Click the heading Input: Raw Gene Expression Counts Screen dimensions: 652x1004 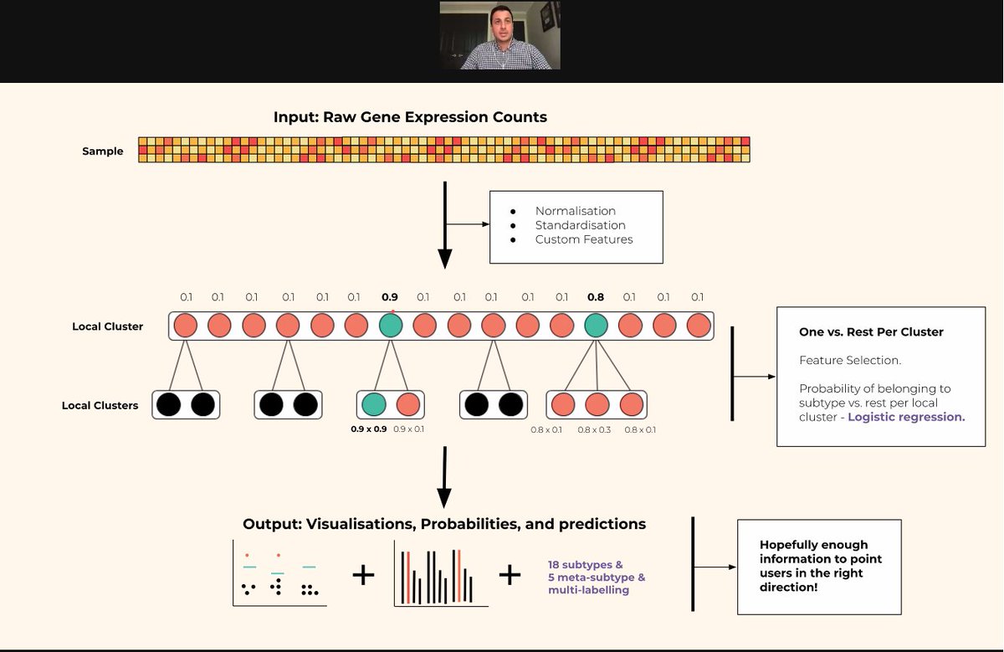pyautogui.click(x=410, y=117)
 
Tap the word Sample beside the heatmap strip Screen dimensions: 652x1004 pyautogui.click(x=102, y=151)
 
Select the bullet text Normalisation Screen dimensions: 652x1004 pyautogui.click(x=575, y=211)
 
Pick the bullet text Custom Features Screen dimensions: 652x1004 pyautogui.click(x=584, y=239)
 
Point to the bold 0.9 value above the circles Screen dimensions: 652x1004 pyautogui.click(x=389, y=297)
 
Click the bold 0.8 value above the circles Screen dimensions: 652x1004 pyautogui.click(x=595, y=297)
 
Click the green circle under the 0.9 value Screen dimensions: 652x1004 pyautogui.click(x=390, y=326)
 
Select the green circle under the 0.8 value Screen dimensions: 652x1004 pyautogui.click(x=596, y=326)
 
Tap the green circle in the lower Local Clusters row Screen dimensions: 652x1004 pyautogui.click(x=374, y=405)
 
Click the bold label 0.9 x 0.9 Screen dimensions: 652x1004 pyautogui.click(x=368, y=429)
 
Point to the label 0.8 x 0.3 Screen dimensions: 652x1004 pyautogui.click(x=595, y=429)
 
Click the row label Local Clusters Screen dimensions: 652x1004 pyautogui.click(x=100, y=406)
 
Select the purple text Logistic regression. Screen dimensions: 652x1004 pyautogui.click(x=906, y=417)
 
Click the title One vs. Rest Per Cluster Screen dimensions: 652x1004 pyautogui.click(x=871, y=332)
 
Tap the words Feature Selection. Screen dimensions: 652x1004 pyautogui.click(x=838, y=361)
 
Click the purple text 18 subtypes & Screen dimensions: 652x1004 pyautogui.click(x=585, y=565)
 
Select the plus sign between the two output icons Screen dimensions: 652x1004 pyautogui.click(x=363, y=575)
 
